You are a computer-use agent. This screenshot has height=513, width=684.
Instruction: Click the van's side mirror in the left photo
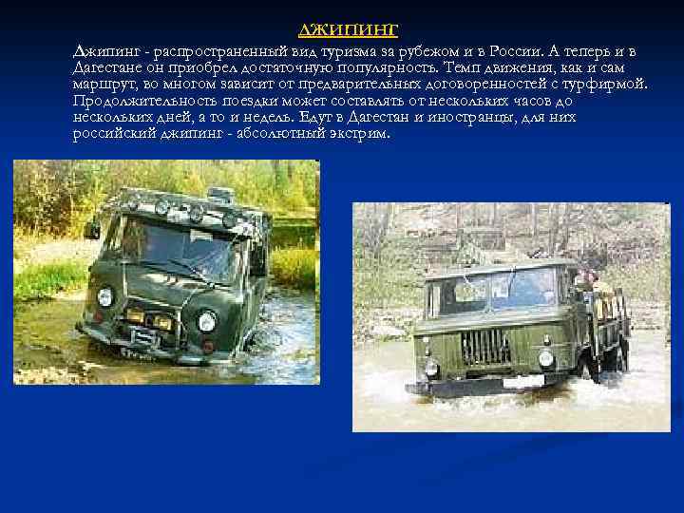[93, 230]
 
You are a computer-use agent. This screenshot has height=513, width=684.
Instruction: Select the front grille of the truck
[485, 347]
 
